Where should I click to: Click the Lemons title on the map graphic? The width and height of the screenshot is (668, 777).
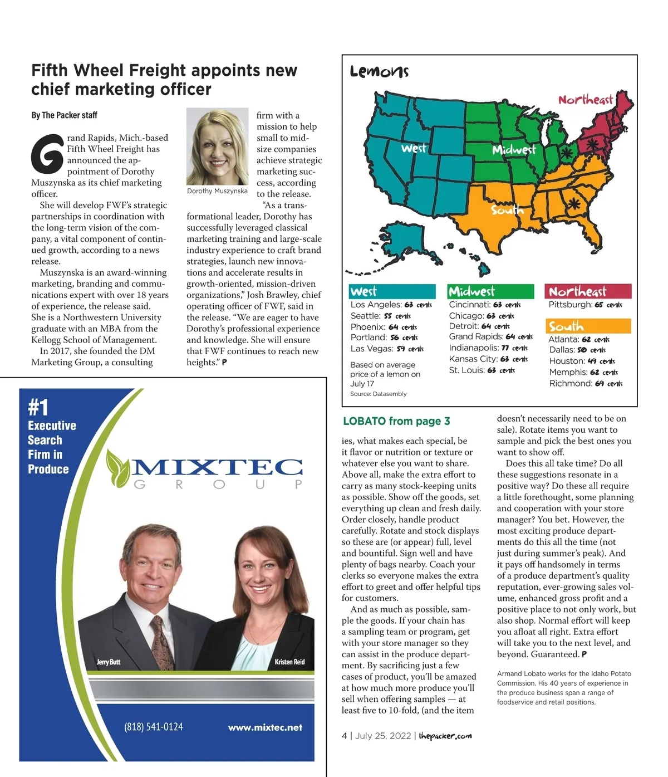tap(379, 72)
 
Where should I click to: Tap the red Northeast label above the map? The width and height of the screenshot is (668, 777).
tap(586, 100)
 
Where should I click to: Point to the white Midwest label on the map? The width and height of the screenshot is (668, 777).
tap(513, 149)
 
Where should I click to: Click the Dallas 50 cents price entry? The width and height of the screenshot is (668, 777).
tap(577, 350)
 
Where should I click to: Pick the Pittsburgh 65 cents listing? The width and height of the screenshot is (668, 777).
tap(585, 305)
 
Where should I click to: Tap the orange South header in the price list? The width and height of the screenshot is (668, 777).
tap(566, 326)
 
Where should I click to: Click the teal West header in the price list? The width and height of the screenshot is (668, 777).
tap(364, 291)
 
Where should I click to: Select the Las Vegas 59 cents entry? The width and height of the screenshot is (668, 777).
tap(387, 349)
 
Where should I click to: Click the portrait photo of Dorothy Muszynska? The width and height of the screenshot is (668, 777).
tap(217, 146)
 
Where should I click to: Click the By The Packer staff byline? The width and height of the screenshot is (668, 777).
tap(64, 115)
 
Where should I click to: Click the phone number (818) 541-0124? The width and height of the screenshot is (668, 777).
tap(153, 727)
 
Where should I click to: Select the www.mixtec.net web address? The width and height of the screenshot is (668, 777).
tap(265, 727)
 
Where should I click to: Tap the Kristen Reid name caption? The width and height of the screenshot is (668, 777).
tap(289, 662)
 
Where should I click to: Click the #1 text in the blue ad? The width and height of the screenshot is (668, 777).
tap(38, 408)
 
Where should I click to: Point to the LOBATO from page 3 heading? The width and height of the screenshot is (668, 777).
tap(396, 421)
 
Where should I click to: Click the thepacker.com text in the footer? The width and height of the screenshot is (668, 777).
tap(445, 736)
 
